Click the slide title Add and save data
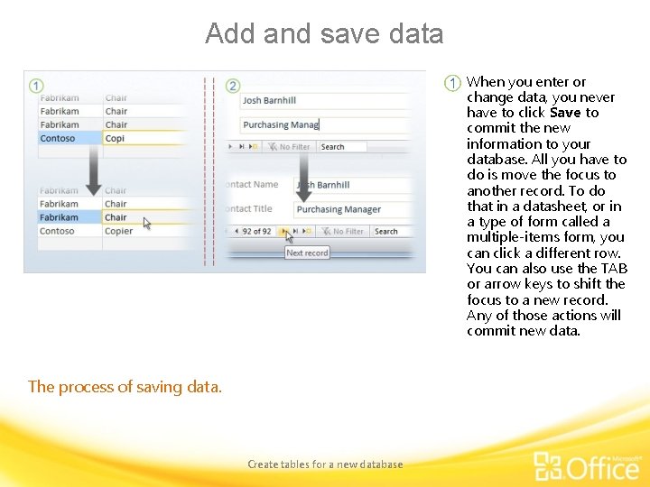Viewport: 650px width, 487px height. click(324, 33)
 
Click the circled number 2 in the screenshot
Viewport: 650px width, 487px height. click(233, 86)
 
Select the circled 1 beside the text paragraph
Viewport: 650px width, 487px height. click(453, 83)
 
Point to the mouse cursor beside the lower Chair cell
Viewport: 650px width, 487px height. click(147, 223)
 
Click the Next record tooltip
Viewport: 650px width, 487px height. click(307, 253)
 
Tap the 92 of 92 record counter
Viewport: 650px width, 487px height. click(256, 232)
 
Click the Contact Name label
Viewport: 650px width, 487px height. click(253, 185)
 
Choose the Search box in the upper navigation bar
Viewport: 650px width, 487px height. click(341, 147)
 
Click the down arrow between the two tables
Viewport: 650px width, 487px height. click(93, 171)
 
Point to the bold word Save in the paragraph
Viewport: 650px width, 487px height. click(565, 113)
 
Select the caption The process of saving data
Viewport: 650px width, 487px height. click(125, 387)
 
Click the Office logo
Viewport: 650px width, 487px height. click(587, 465)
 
